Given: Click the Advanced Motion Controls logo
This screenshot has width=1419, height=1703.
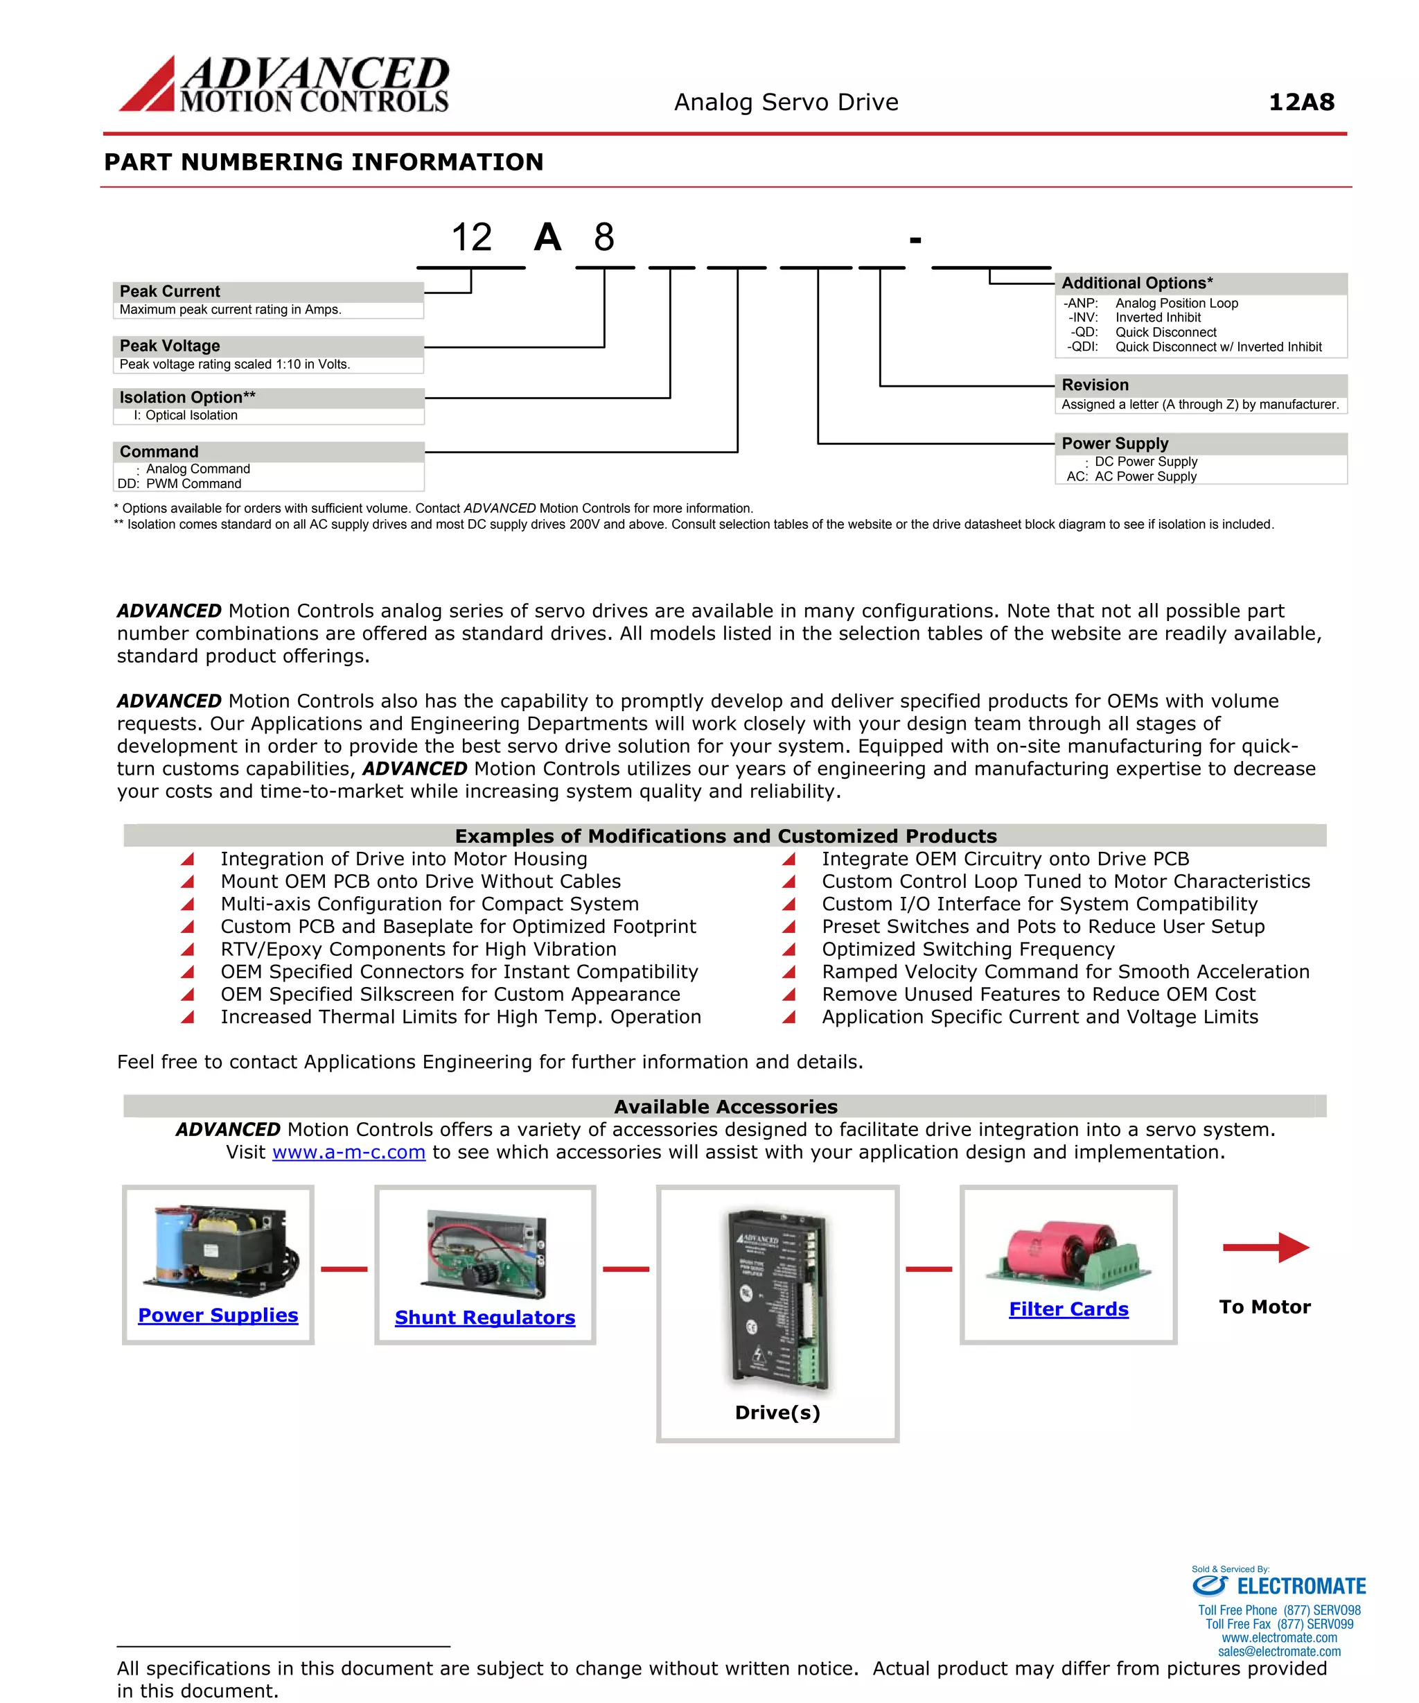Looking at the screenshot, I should (x=284, y=84).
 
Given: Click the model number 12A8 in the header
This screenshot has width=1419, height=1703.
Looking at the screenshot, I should (x=1301, y=102).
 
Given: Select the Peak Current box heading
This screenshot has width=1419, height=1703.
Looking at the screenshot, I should (x=170, y=292).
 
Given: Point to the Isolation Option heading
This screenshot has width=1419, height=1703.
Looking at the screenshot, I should (x=187, y=397).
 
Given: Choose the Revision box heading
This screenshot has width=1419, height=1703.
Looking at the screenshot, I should (x=1095, y=385).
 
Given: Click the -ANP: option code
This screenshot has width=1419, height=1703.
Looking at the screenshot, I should (x=1081, y=304).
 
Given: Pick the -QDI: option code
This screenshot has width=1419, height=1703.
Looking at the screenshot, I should (x=1082, y=347).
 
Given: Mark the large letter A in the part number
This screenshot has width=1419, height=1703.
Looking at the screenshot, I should (x=547, y=238).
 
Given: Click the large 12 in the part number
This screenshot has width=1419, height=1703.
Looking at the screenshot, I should (x=471, y=238).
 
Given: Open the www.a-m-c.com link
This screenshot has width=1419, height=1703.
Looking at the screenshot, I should (x=349, y=1153).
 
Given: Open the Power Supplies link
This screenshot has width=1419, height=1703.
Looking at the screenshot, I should (x=218, y=1316).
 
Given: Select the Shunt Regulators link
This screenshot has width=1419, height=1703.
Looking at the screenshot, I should (x=485, y=1318).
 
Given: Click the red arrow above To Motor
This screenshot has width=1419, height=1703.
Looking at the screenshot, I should (x=1265, y=1247).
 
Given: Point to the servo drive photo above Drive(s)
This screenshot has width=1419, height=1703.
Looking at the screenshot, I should (x=778, y=1298).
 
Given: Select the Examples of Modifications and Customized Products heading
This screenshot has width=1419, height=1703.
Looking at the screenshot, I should (x=725, y=836).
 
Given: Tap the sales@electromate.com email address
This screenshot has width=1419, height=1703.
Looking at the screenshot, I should (x=1279, y=1651).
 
